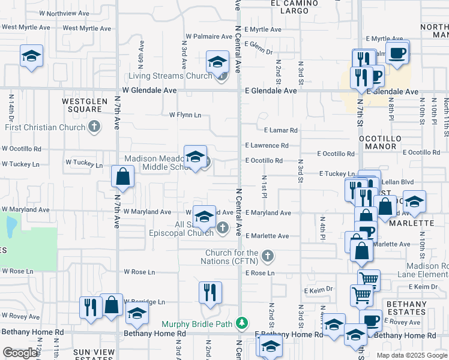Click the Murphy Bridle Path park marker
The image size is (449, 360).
tap(241, 323)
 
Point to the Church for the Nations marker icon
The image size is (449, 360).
tap(268, 256)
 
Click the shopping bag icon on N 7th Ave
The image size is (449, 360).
tap(122, 177)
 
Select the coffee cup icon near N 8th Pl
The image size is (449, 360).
tap(396, 53)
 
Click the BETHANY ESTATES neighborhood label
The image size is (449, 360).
tap(406, 308)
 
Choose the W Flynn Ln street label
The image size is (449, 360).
tap(185, 115)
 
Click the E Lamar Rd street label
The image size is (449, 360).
tap(280, 130)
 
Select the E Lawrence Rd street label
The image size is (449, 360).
tap(267, 145)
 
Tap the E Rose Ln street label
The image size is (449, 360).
tap(259, 273)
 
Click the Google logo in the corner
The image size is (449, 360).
tap(20, 353)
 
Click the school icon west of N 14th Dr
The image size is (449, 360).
tap(31, 56)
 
